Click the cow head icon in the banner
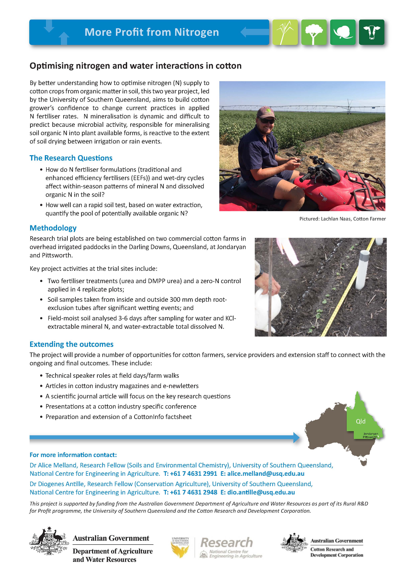coord(371,32)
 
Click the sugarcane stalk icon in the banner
coord(285,32)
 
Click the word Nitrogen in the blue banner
coord(197,32)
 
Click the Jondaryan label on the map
coord(371,434)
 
